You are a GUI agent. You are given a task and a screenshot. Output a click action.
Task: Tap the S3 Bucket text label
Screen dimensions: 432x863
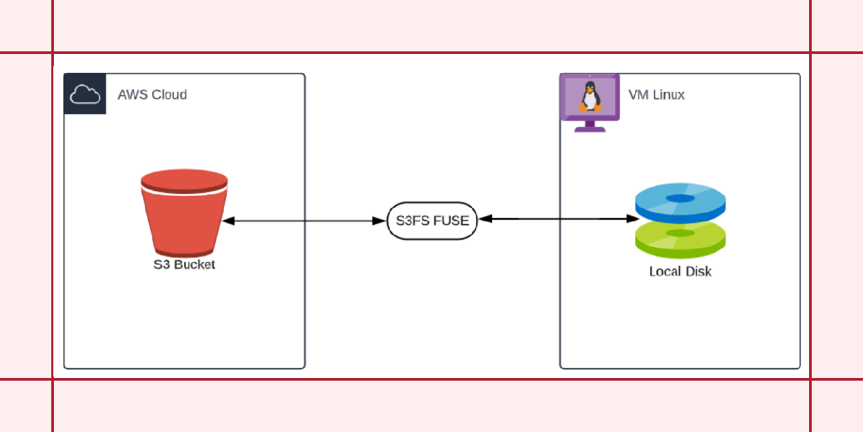184,265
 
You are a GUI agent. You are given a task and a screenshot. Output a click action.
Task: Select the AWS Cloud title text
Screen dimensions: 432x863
152,94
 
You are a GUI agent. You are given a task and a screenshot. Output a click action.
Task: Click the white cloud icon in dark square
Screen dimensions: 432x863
85,94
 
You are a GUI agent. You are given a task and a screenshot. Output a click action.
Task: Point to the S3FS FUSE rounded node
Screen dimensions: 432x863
432,220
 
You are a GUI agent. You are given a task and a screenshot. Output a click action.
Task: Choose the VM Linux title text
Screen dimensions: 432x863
656,94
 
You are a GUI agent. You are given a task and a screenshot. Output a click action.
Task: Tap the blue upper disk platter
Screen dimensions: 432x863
680,200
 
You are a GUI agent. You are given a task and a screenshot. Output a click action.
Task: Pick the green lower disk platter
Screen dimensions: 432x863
680,240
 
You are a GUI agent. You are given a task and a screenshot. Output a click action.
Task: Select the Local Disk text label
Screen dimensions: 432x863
680,271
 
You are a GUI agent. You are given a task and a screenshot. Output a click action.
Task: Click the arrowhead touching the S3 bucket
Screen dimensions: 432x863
228,221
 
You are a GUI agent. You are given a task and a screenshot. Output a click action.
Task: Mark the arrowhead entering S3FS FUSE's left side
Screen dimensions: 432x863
380,221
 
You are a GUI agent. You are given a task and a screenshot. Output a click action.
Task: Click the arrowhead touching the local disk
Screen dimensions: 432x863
633,219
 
